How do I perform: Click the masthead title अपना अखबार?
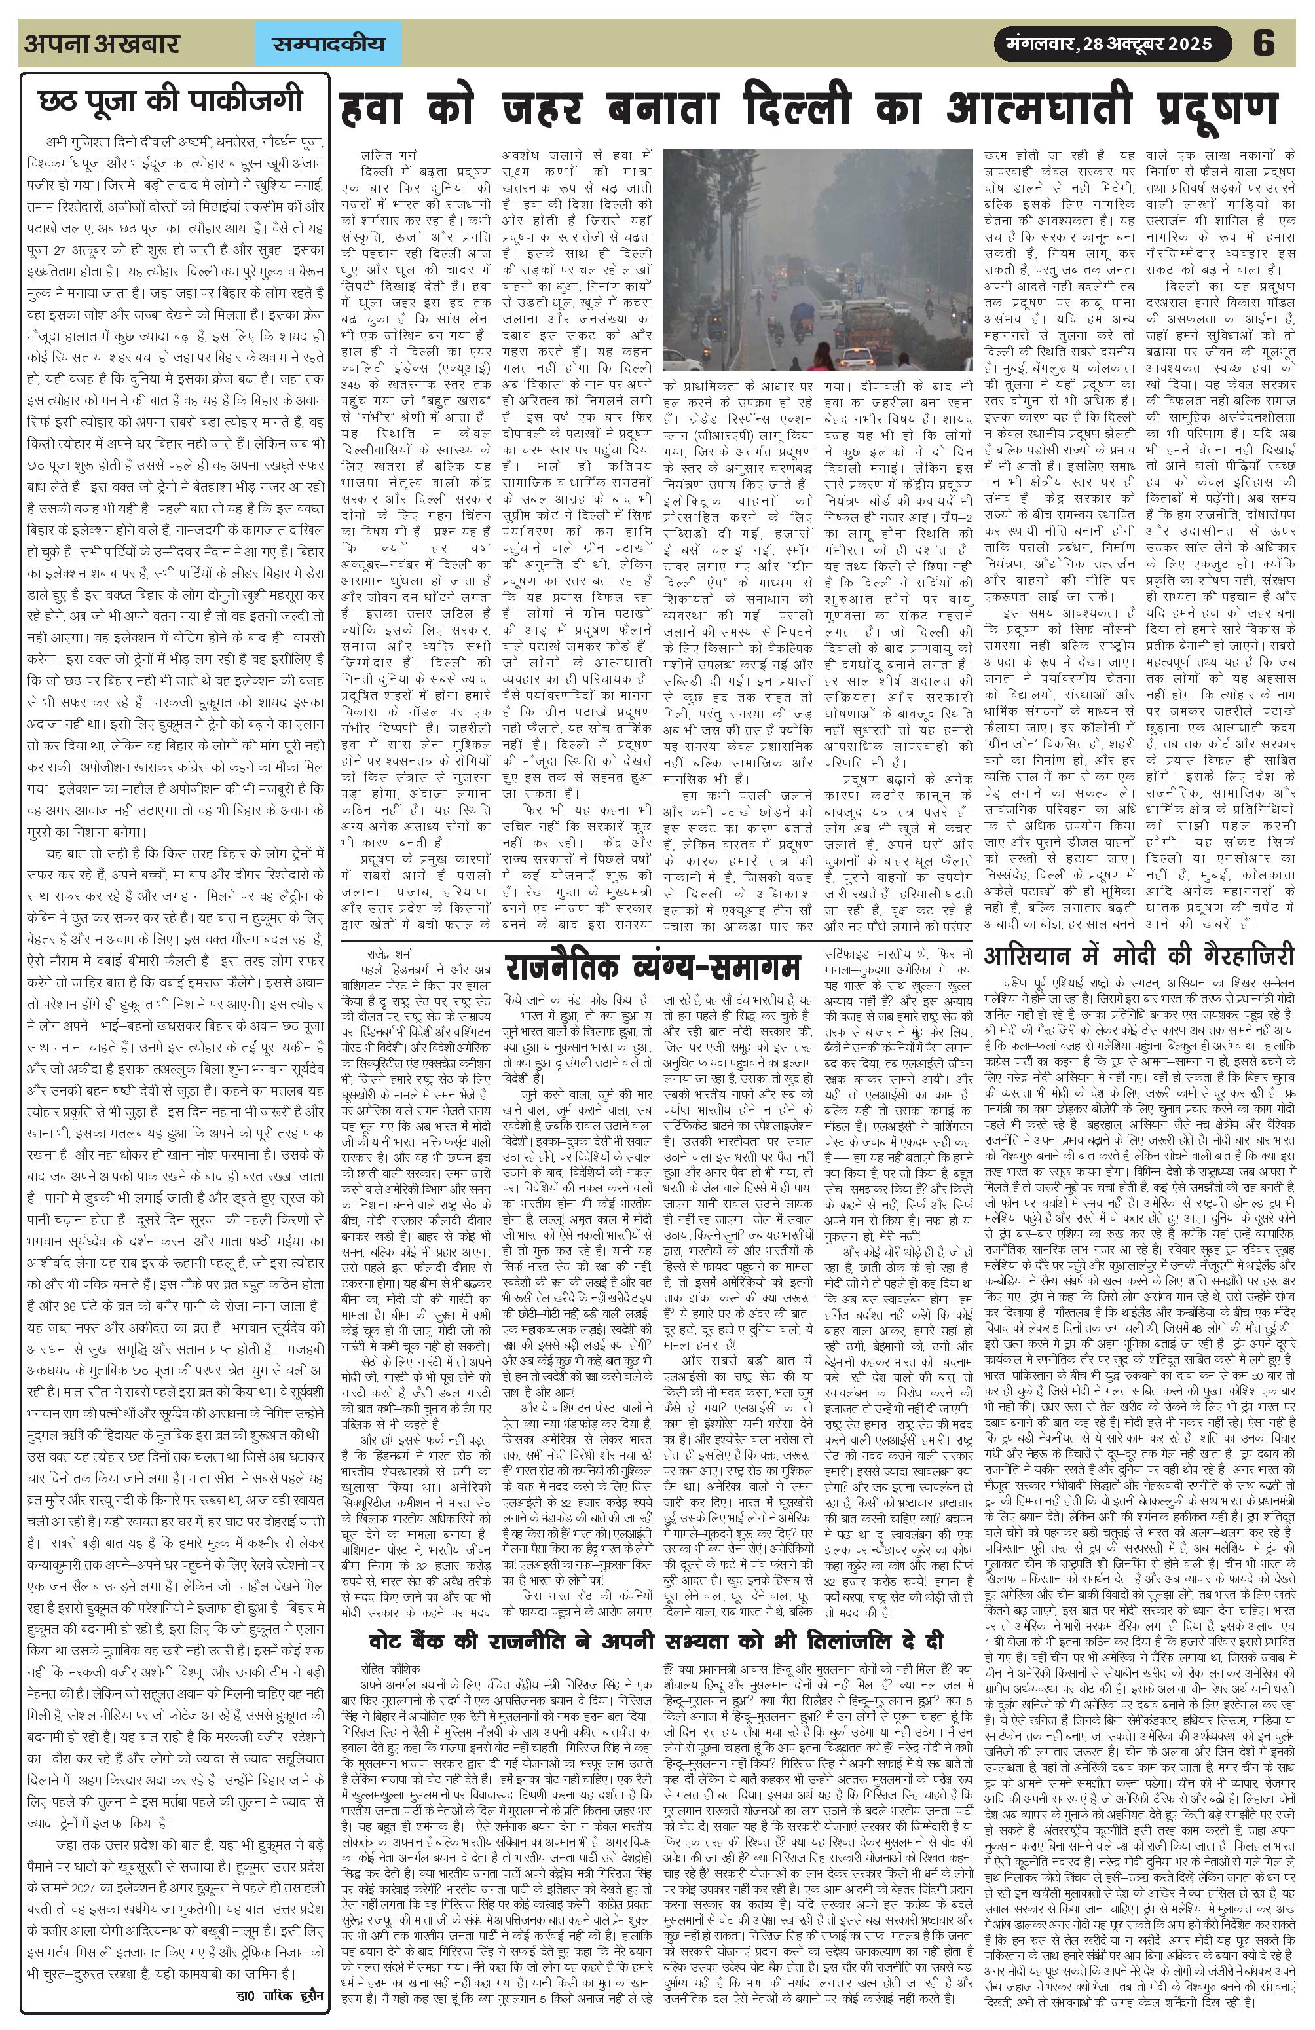click(x=102, y=43)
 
